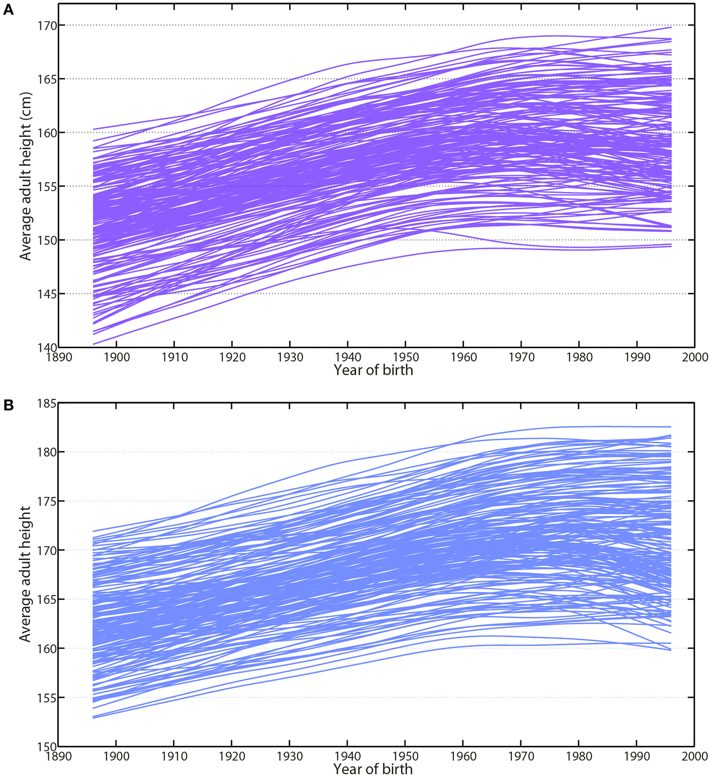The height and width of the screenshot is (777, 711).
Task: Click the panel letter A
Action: coord(8,10)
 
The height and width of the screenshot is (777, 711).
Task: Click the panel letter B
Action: coord(8,406)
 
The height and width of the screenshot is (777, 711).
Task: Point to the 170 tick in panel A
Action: coord(47,26)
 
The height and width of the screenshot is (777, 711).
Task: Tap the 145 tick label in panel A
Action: coord(47,294)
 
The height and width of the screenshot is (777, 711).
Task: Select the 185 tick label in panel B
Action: coord(47,403)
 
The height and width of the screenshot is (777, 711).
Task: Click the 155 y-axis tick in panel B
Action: coord(47,698)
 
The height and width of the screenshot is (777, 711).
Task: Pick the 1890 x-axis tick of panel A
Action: coord(59,357)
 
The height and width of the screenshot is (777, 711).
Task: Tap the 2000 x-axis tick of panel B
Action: coord(694,756)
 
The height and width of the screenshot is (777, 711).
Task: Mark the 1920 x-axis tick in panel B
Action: coord(232,756)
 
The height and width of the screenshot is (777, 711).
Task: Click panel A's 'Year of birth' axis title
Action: coord(373,370)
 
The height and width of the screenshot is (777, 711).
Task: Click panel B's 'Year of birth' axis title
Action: coord(373,769)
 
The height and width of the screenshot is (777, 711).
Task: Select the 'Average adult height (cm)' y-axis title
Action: coord(25,176)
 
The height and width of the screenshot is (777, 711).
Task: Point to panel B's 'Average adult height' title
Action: coord(25,574)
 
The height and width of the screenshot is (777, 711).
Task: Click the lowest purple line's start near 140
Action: coord(94,344)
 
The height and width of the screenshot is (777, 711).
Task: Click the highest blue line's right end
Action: coord(670,427)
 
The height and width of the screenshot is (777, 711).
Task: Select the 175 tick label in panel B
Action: coord(47,501)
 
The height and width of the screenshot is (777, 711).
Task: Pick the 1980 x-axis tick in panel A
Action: coord(579,357)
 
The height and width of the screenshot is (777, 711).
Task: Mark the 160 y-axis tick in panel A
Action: coord(47,133)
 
